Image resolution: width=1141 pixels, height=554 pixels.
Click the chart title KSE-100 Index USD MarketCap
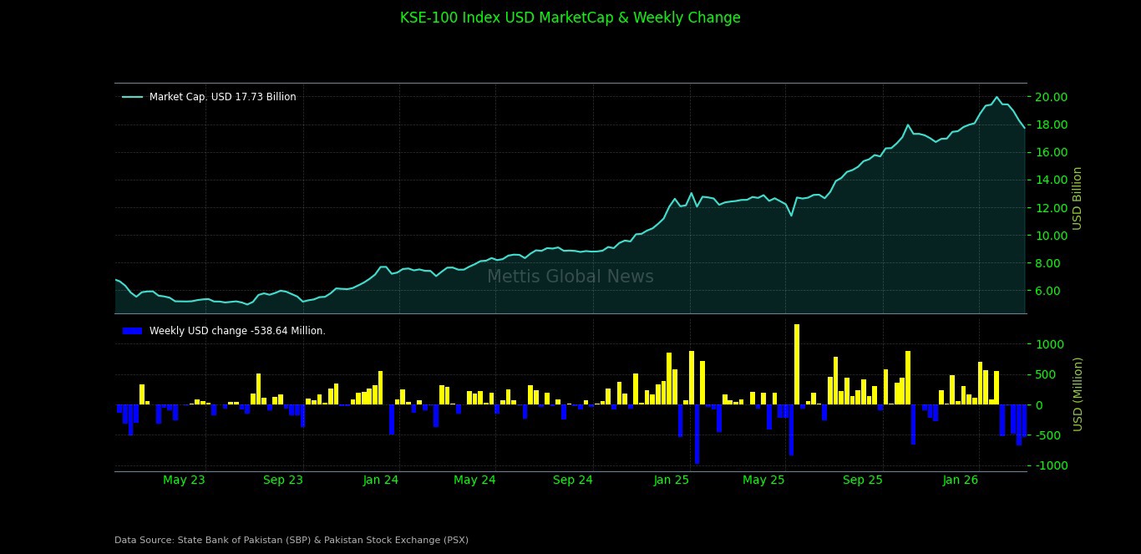point(570,18)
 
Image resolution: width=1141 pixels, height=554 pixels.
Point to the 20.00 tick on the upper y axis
point(1051,97)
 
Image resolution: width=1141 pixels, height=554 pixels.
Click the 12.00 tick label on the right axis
point(1051,208)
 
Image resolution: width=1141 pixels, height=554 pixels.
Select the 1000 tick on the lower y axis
point(1051,344)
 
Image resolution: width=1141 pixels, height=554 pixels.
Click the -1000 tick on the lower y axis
point(1049,465)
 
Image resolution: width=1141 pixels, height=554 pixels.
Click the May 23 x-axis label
point(184,480)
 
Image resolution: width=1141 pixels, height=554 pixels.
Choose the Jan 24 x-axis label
point(381,480)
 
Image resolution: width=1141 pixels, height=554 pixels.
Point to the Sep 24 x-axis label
point(573,480)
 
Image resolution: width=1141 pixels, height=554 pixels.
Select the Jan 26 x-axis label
point(961,480)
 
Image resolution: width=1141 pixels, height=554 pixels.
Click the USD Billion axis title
point(1078,198)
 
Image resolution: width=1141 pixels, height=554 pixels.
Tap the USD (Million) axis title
point(1078,394)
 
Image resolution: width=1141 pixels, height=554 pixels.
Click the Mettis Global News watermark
point(570,277)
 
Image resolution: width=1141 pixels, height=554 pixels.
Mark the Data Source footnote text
point(292,540)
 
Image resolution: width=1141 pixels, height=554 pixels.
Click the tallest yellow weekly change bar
point(797,364)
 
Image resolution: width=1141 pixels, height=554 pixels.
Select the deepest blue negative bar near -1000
point(697,435)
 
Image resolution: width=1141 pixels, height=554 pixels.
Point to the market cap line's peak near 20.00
point(996,97)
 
